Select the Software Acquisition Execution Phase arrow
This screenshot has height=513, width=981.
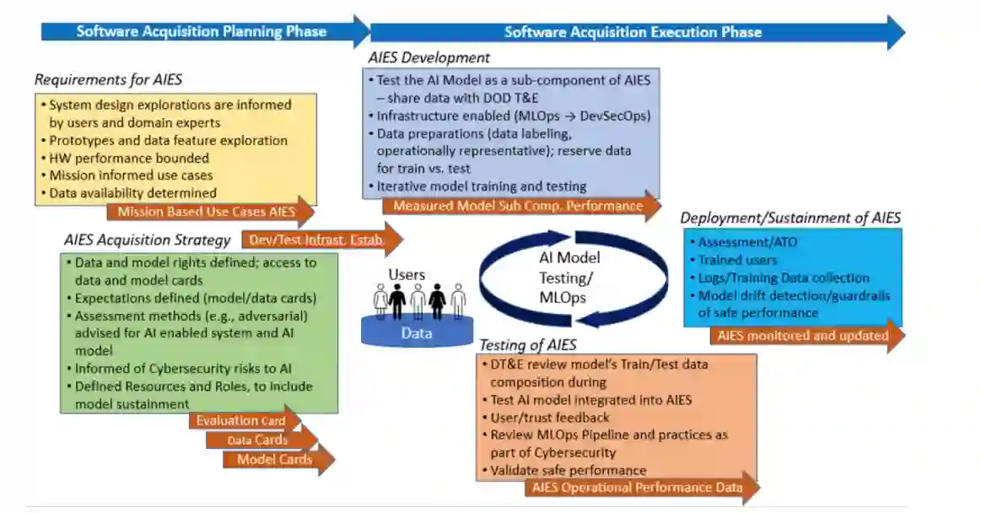[633, 32]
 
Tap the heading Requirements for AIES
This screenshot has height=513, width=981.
[108, 80]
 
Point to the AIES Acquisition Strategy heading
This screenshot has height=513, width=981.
[147, 240]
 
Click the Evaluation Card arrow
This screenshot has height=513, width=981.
[240, 420]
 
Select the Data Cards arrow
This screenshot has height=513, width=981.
[258, 440]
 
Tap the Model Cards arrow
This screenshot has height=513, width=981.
[275, 460]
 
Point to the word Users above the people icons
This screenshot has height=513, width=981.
[407, 275]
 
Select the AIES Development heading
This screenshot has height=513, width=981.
[429, 58]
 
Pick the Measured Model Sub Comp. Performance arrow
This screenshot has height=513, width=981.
[516, 206]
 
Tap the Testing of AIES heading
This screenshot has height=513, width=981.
[528, 345]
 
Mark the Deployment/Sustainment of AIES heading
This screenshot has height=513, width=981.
[790, 218]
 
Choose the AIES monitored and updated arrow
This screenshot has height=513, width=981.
[802, 336]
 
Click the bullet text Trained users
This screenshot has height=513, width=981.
[737, 260]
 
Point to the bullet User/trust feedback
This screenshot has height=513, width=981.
[549, 418]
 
